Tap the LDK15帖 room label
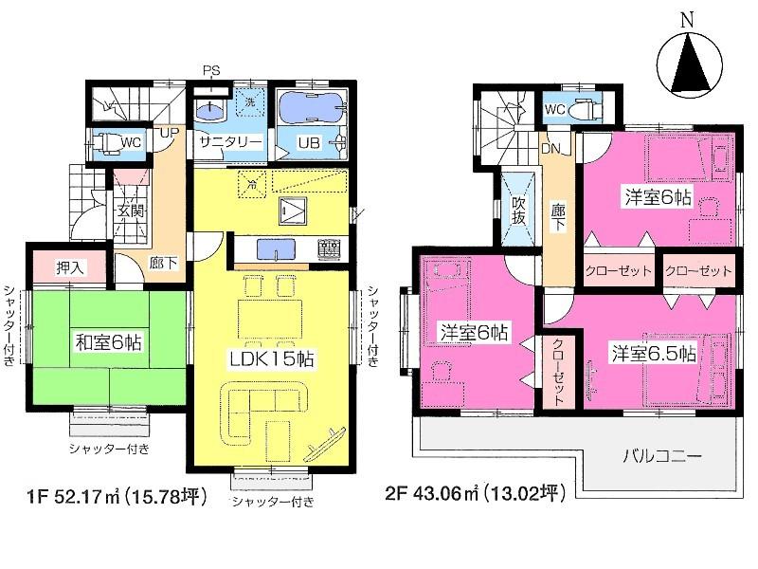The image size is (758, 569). pos(268,359)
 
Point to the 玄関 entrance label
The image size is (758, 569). pos(130,212)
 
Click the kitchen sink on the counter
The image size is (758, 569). pos(274,249)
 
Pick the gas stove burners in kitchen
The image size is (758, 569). pos(328,249)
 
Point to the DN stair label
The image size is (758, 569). pos(551,149)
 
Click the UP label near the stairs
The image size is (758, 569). pos(167,132)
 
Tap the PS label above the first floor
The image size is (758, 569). pos(211,70)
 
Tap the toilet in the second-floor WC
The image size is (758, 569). pos(587,108)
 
